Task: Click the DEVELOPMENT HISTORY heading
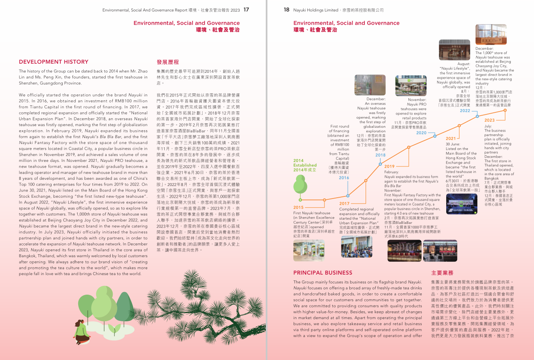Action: (x=54, y=62)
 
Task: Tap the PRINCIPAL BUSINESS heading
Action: (x=323, y=273)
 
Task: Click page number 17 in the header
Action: (x=246, y=10)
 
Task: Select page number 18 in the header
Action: (x=287, y=10)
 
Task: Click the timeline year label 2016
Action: (x=344, y=178)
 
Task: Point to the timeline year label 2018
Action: (x=380, y=155)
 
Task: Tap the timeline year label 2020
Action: (x=421, y=133)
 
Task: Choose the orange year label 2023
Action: (x=489, y=120)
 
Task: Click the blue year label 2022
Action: (x=465, y=111)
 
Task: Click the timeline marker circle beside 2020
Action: (x=434, y=136)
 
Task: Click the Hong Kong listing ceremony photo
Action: (x=461, y=204)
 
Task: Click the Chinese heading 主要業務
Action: (x=442, y=273)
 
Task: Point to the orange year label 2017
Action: (x=344, y=204)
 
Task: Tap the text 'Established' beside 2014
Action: (x=305, y=165)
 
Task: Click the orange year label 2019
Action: (x=389, y=166)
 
